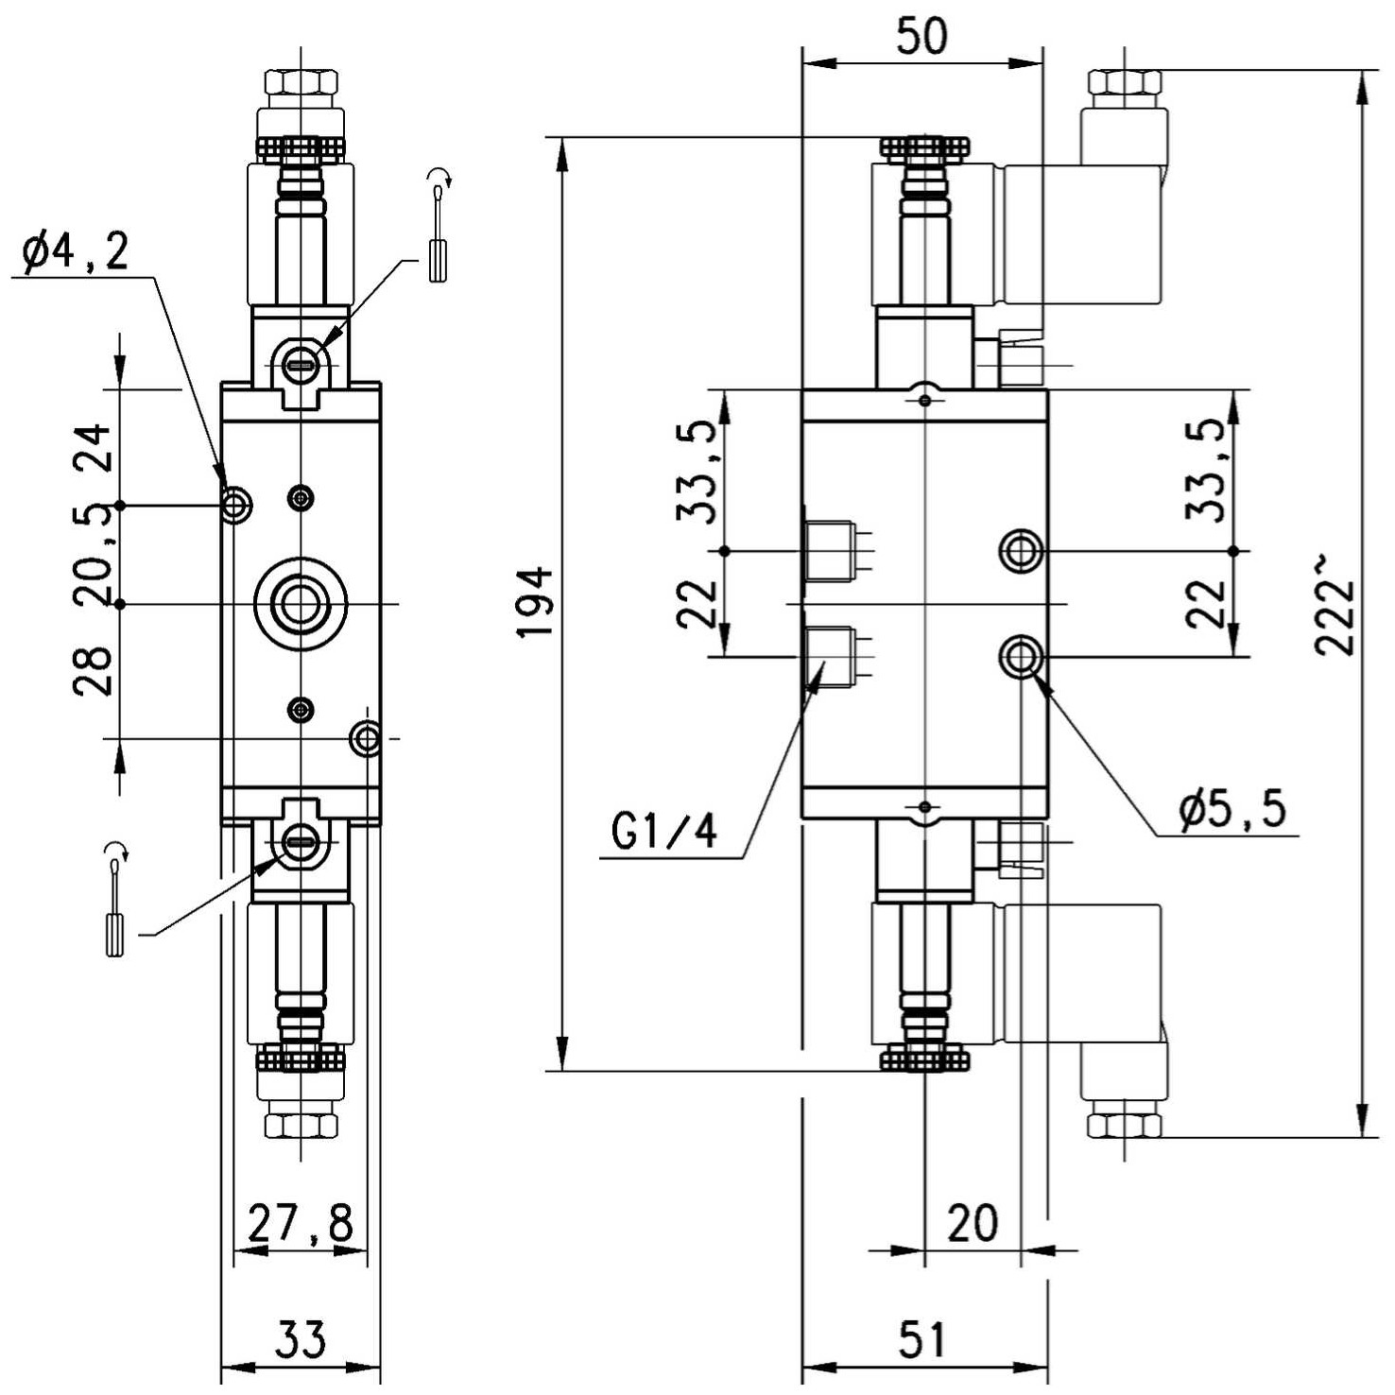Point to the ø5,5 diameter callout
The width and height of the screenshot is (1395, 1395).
[x=1232, y=809]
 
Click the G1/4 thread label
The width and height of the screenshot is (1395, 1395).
[x=664, y=832]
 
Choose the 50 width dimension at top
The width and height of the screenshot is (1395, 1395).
[x=921, y=37]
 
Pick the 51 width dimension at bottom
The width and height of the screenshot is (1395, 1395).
[x=921, y=1339]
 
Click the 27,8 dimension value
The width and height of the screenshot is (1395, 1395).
[x=301, y=1224]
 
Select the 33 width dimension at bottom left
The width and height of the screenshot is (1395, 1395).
[x=301, y=1339]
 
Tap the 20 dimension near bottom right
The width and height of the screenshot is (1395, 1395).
[x=973, y=1223]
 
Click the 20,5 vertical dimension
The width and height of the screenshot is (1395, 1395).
[x=94, y=556]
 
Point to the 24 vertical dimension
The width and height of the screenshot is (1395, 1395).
[x=94, y=448]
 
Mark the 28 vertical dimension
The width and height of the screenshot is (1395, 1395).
[x=94, y=672]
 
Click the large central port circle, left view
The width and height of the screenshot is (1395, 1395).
[x=300, y=604]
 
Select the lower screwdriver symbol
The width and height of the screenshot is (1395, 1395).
[x=115, y=899]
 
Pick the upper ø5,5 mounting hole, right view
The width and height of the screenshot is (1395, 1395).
[x=1022, y=550]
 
